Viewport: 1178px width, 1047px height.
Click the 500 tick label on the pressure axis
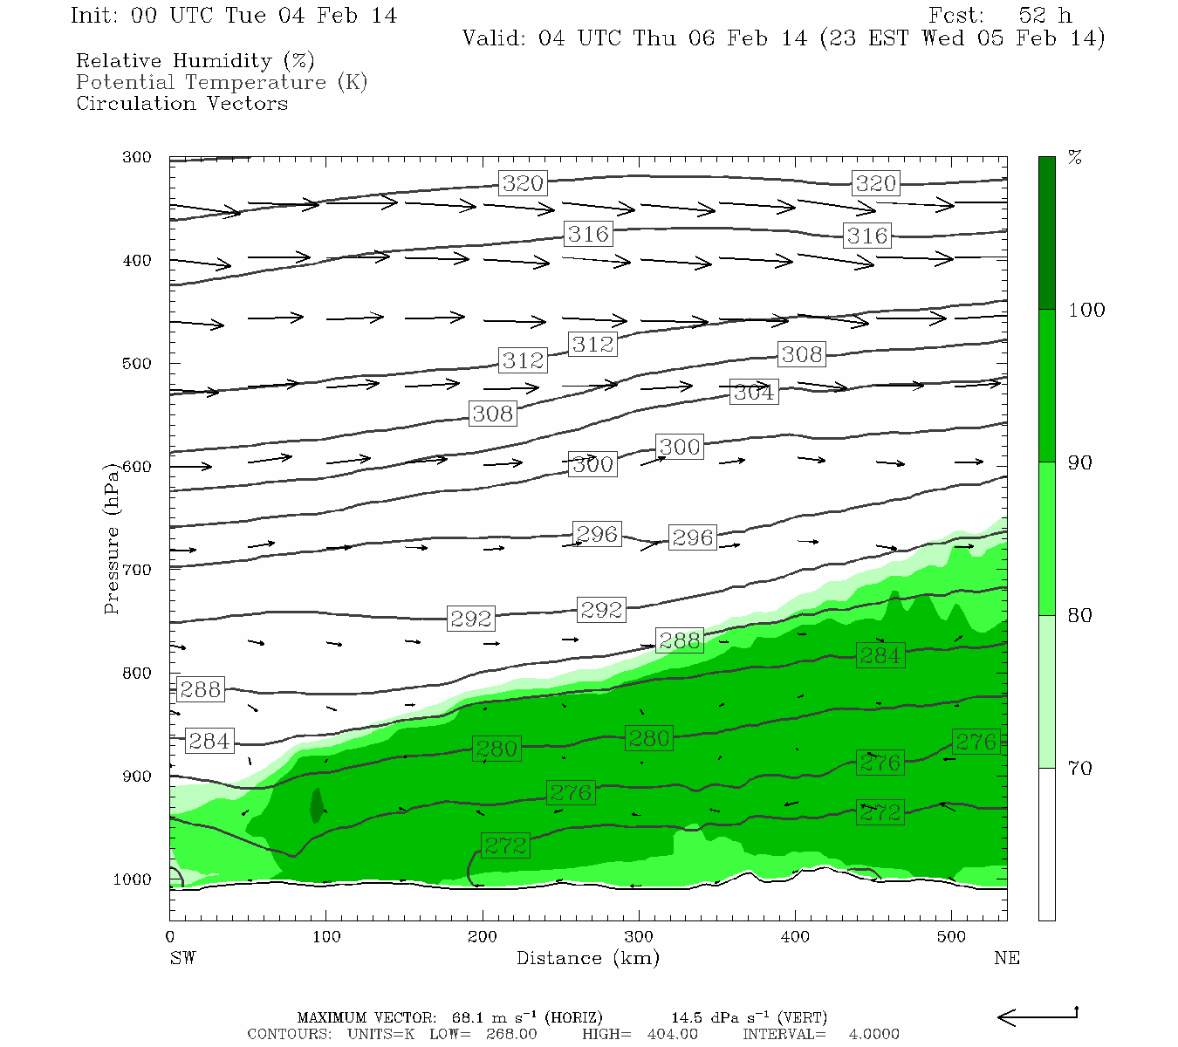pos(137,364)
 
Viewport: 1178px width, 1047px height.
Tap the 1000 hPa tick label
pos(132,879)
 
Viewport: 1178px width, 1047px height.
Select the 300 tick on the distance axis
pos(639,936)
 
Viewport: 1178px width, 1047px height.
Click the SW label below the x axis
pos(182,958)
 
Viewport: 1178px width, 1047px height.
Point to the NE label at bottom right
pos(1006,958)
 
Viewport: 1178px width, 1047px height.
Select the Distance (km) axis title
pos(587,958)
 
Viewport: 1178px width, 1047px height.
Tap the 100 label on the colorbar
pos(1086,311)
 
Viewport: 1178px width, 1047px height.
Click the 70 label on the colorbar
pos(1080,769)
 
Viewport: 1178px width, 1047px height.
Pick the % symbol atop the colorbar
pos(1075,158)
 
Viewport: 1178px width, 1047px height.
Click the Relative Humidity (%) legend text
pos(195,61)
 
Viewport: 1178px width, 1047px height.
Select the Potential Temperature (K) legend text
pos(222,82)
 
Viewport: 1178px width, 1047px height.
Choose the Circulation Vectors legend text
pos(181,103)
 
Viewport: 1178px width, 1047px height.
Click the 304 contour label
pos(753,393)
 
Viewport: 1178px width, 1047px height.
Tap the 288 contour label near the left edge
pos(200,689)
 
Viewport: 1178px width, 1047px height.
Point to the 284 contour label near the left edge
pos(209,741)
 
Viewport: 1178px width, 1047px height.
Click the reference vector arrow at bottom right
pos(1038,1016)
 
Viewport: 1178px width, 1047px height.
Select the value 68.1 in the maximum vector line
pos(467,1017)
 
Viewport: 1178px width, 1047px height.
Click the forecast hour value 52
pos(1031,16)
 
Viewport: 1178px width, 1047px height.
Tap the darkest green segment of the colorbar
pos(1046,233)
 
